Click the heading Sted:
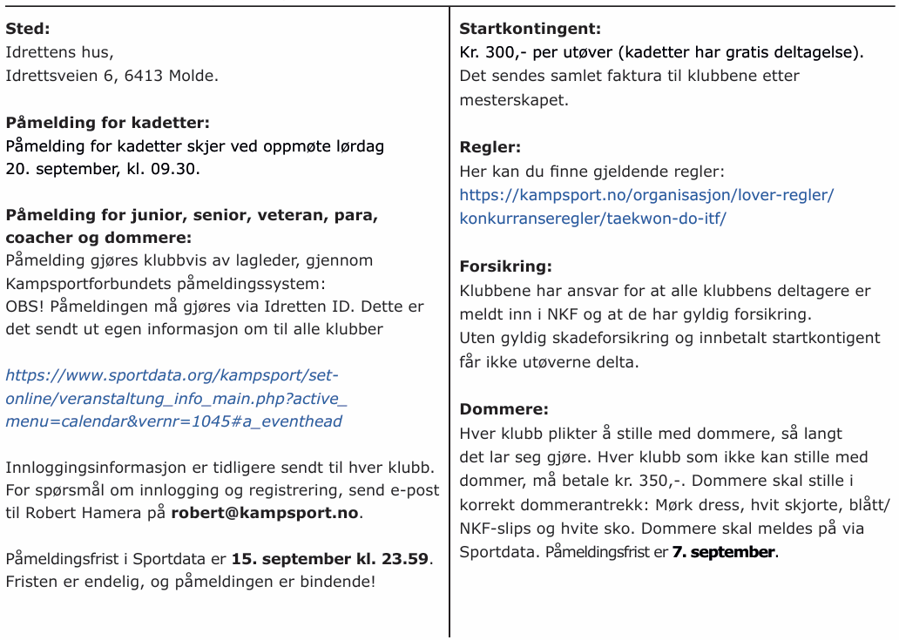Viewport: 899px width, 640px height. pyautogui.click(x=27, y=29)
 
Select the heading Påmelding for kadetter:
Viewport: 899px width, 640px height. pyautogui.click(x=107, y=123)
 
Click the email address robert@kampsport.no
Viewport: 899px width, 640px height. pyautogui.click(x=265, y=513)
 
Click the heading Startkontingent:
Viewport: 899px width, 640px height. pyautogui.click(x=530, y=29)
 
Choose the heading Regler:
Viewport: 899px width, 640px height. pyautogui.click(x=490, y=148)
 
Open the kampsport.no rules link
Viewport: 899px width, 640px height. pyautogui.click(x=646, y=206)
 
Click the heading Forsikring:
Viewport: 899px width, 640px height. pyautogui.click(x=505, y=266)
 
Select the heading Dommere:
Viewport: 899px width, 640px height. pyautogui.click(x=504, y=409)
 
